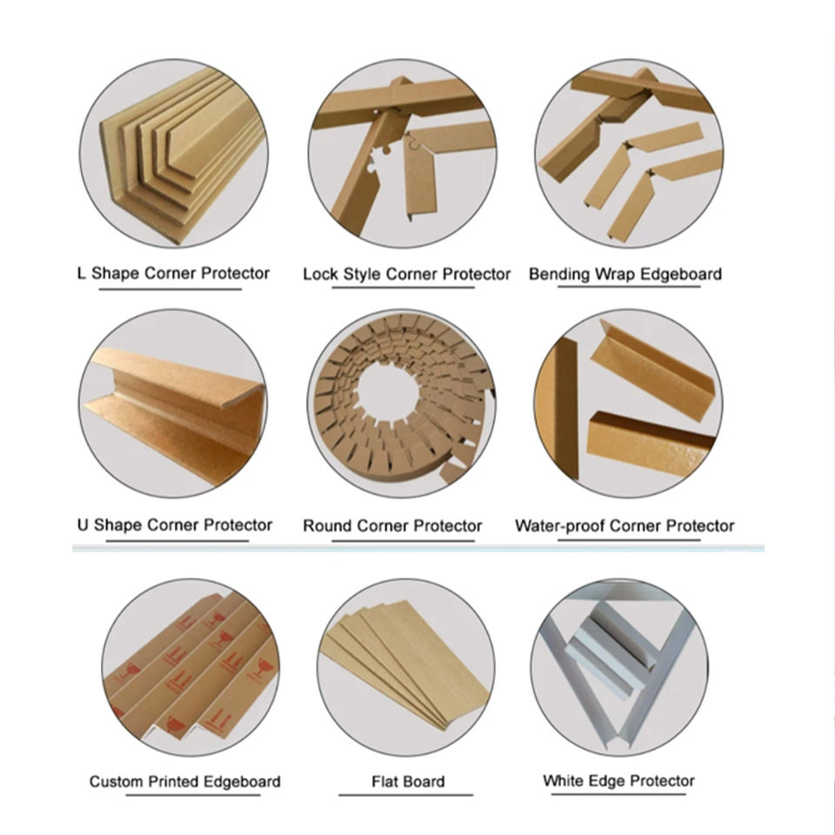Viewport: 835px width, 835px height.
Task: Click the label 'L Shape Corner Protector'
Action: [173, 274]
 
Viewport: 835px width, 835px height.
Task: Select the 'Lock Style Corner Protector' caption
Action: [407, 274]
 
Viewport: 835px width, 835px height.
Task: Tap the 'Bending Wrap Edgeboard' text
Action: [625, 274]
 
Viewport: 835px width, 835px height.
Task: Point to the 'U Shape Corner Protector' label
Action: [175, 525]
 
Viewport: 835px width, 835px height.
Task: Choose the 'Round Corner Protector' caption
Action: [392, 526]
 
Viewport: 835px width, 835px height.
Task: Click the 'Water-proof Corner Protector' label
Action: [625, 526]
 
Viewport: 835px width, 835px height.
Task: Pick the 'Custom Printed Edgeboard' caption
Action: [184, 782]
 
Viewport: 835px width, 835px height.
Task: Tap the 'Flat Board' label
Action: [408, 782]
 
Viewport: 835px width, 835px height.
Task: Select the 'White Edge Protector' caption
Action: [618, 781]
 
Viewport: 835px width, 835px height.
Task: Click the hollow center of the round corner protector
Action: [388, 391]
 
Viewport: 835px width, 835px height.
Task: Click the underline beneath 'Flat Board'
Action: [406, 795]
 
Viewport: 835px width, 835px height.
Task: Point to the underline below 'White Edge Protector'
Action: [618, 794]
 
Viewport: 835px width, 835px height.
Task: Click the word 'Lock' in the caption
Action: [321, 274]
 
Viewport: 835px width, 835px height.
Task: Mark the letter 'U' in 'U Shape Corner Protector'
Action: [83, 525]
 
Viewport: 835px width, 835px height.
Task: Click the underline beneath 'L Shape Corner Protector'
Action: [170, 289]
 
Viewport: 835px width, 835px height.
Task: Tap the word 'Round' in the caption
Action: [328, 526]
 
